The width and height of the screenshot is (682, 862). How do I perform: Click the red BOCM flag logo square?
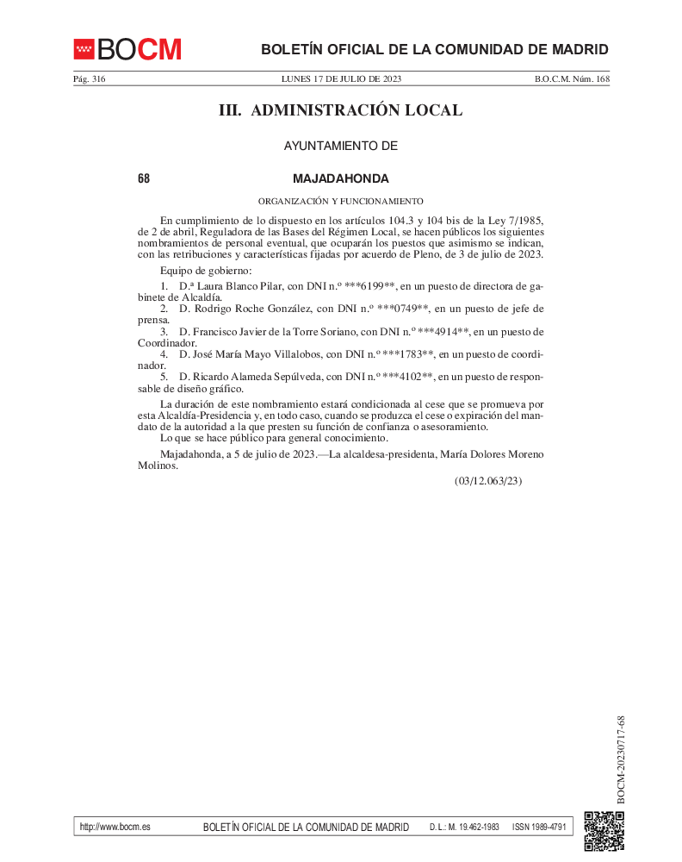84,49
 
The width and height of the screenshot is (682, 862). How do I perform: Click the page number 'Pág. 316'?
89,79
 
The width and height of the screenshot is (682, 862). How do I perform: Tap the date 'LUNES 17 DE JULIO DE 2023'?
341,79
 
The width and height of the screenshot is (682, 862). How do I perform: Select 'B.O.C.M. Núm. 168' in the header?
572,79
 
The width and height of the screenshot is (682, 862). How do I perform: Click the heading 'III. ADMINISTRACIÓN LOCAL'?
341,110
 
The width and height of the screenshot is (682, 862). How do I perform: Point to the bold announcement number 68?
144,178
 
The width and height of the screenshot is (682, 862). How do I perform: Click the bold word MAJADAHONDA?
341,178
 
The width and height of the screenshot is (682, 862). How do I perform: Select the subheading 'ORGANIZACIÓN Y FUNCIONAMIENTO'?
341,201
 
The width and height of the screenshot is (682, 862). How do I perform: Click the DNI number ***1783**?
406,354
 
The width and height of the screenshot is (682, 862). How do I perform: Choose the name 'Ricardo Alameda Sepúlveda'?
257,378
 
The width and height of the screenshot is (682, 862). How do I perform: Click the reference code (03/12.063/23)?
488,481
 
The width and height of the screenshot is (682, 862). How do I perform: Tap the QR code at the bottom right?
604,831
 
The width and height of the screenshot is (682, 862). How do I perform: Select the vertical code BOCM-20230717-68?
621,759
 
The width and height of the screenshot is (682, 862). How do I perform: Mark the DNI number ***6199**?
369,285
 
